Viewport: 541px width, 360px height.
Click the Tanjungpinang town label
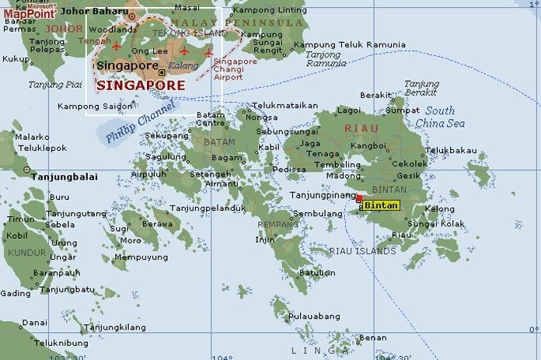click(x=320, y=195)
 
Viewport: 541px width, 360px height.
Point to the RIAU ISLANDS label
click(x=362, y=251)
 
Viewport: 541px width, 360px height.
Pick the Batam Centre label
click(x=210, y=118)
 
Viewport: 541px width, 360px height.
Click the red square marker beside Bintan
click(x=358, y=200)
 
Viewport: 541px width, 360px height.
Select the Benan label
click(x=373, y=337)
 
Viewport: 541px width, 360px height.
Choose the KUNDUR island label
click(x=26, y=253)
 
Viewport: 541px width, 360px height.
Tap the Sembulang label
click(x=316, y=213)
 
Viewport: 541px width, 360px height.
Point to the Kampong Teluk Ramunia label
click(x=344, y=44)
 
